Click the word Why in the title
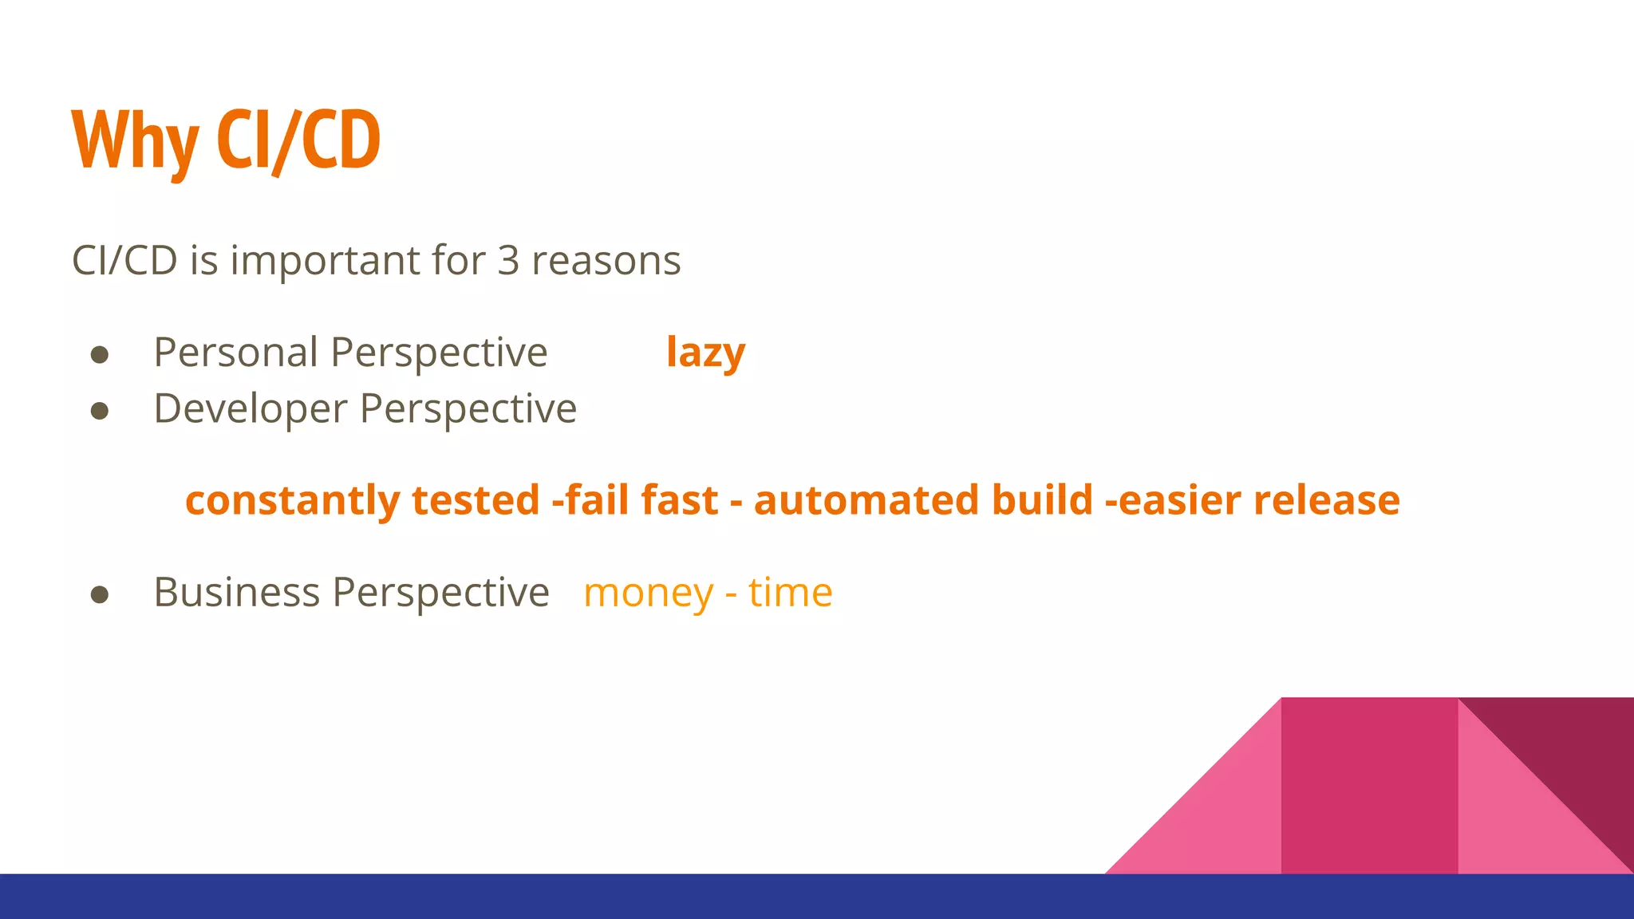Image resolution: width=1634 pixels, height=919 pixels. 134,141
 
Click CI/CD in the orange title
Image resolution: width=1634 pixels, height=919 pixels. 298,141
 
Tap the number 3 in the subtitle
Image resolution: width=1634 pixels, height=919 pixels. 508,261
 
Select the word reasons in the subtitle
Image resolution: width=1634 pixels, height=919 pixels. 606,261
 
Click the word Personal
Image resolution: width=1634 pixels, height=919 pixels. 235,353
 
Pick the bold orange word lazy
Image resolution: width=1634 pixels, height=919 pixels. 705,353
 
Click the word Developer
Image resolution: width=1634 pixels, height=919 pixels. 251,409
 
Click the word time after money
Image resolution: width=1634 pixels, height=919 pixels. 790,593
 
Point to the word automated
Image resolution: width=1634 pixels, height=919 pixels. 866,500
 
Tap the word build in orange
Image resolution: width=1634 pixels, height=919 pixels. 1042,500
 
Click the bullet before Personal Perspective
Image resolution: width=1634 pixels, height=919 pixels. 100,355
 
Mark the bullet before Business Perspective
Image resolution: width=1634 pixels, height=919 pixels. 100,594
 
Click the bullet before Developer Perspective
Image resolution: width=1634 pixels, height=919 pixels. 100,411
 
